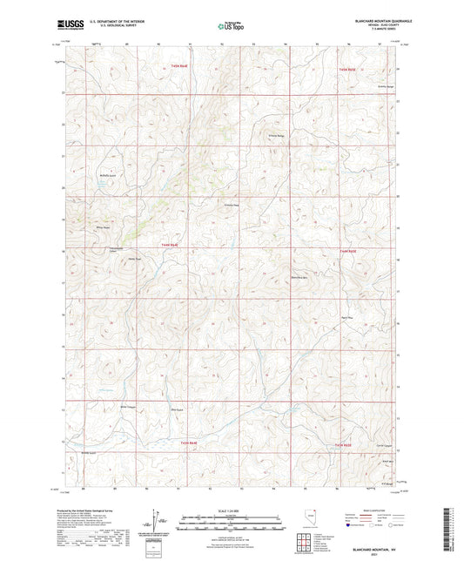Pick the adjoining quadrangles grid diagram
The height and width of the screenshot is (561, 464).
(302, 544)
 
